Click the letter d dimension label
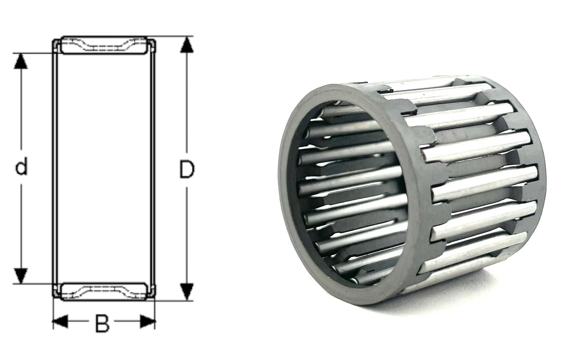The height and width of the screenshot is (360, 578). click(x=21, y=168)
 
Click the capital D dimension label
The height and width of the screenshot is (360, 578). click(x=186, y=169)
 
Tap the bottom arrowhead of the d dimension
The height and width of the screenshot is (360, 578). click(x=21, y=276)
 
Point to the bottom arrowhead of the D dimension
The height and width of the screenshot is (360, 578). click(x=187, y=292)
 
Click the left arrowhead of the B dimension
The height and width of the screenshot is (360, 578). click(x=60, y=321)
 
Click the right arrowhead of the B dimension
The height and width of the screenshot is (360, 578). click(x=148, y=321)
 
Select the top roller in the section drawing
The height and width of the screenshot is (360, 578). click(x=104, y=45)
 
